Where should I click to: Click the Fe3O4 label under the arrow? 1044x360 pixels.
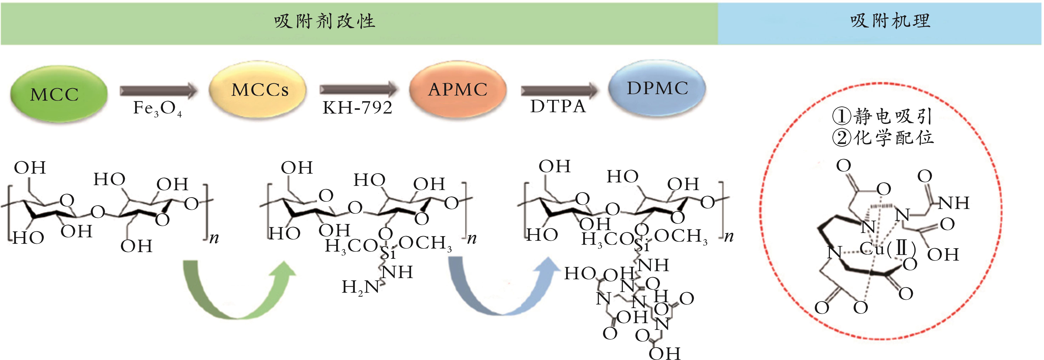click(x=157, y=109)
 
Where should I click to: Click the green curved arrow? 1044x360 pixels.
click(x=239, y=290)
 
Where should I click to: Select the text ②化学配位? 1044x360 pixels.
click(x=883, y=138)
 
